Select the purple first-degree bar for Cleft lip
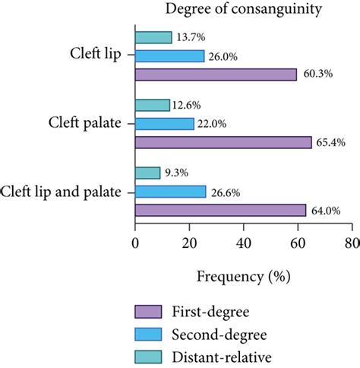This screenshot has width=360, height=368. coord(216,75)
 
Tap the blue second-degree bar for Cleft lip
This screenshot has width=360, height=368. coord(169,56)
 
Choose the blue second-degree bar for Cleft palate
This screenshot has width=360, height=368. coord(164,123)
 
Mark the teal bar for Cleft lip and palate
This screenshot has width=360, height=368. coord(147,173)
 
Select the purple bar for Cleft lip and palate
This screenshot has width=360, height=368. coord(221,210)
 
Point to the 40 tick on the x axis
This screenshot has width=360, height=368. coord(243,243)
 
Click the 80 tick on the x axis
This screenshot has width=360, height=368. coord(351,243)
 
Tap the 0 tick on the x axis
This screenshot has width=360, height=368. coord(135,243)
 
